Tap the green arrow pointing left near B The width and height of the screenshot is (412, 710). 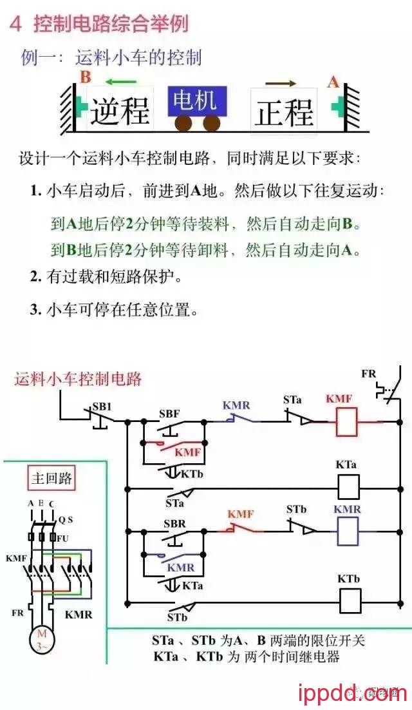coord(121,81)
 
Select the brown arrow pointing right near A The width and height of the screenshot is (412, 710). coord(281,84)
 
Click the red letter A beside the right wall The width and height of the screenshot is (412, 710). coord(333,82)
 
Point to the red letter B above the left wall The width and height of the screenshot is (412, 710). coord(86,78)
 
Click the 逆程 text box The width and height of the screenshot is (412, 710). coord(120,111)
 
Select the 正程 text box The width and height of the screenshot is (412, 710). coord(284,111)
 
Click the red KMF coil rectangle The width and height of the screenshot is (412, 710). coord(348,422)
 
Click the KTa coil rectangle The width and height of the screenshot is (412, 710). coord(348,488)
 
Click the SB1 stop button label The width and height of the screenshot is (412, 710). coord(101,407)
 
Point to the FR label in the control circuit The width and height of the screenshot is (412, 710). coord(368,374)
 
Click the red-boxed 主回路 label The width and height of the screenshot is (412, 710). coord(53,479)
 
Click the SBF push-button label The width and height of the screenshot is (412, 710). coord(169,414)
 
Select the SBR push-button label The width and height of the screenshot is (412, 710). coord(174,523)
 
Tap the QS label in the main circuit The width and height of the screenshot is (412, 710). coord(66,519)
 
